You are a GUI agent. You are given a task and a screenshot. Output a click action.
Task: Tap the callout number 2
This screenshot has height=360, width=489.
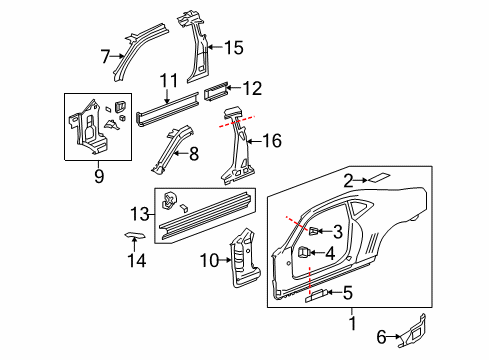349,181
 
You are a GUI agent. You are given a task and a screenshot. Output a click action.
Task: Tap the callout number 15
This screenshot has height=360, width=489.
233,47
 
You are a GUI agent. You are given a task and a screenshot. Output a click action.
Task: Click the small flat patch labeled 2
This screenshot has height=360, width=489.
380,177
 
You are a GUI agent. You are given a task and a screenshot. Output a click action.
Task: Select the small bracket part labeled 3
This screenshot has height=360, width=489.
313,232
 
